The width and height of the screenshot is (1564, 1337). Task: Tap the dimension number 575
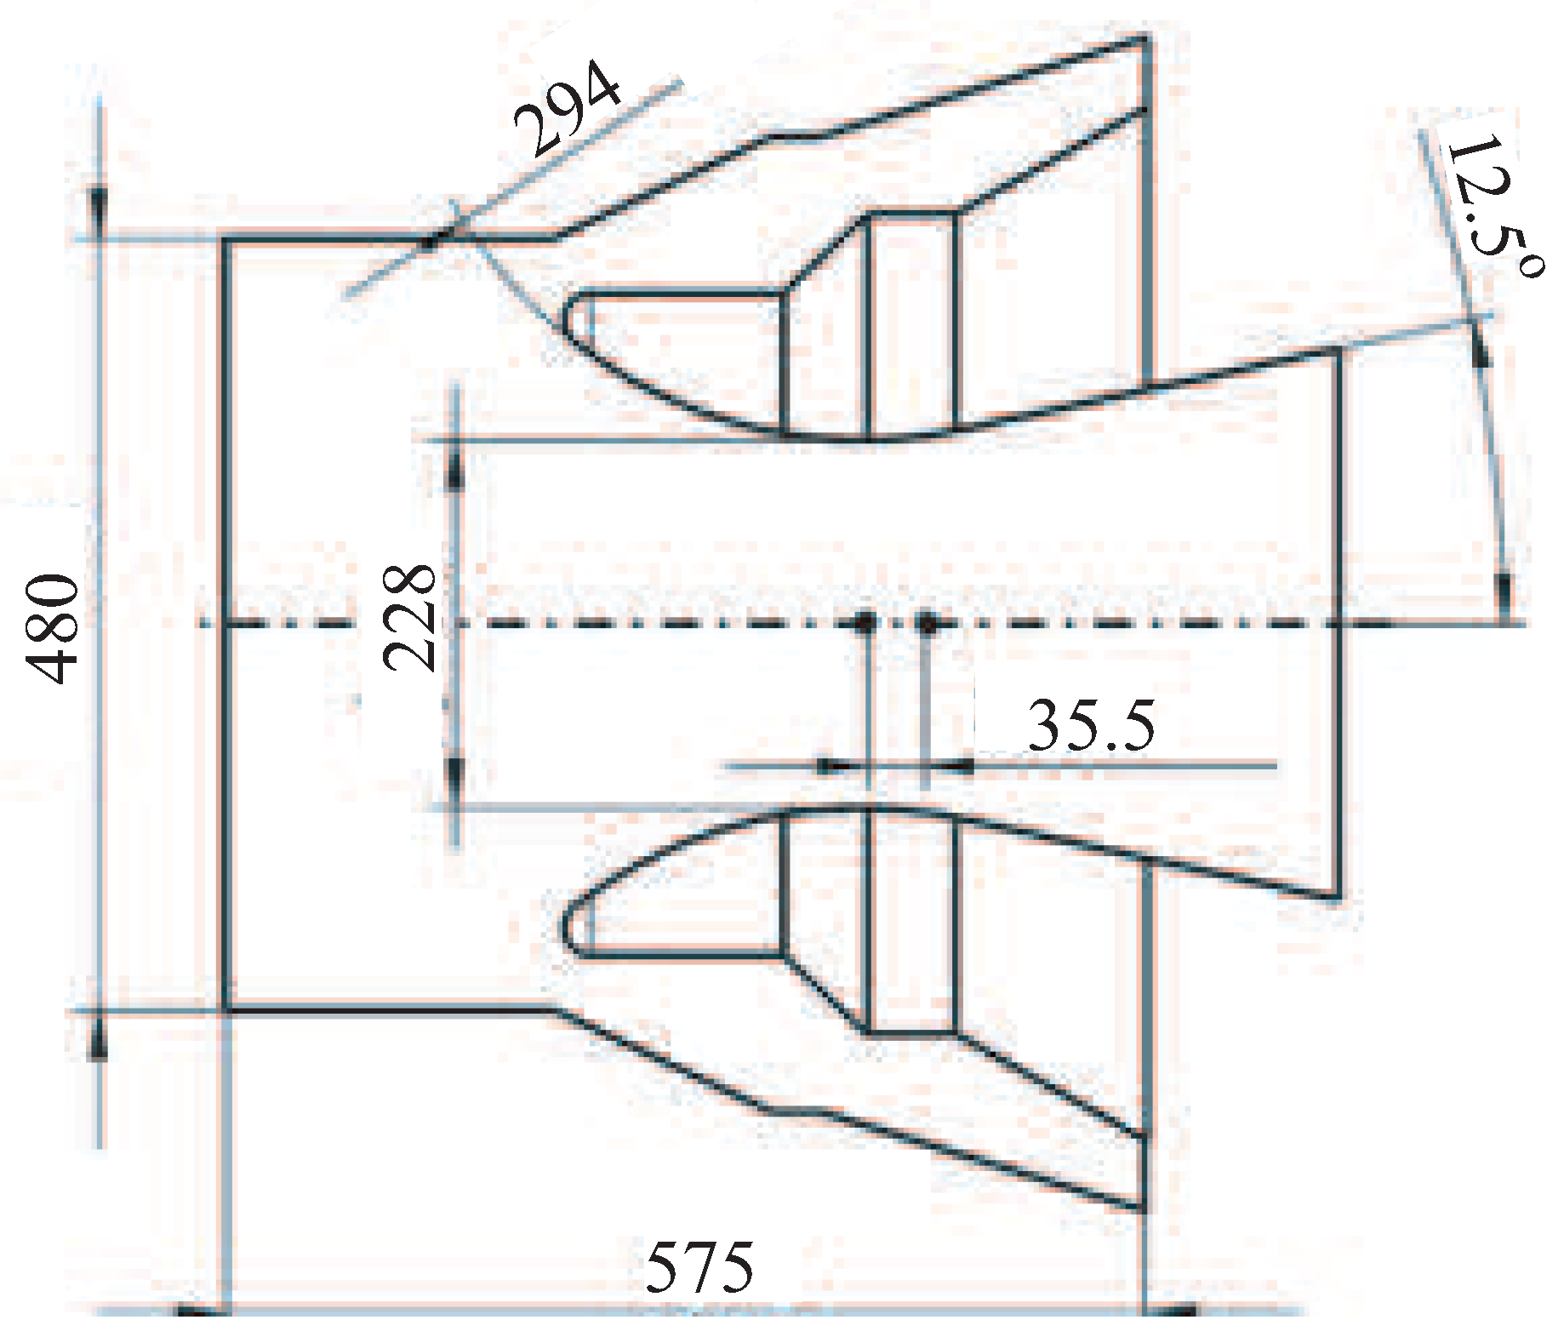pyautogui.click(x=699, y=1267)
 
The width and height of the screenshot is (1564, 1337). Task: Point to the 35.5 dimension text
pyautogui.click(x=1092, y=726)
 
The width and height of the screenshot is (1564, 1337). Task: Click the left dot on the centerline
pyautogui.click(x=865, y=623)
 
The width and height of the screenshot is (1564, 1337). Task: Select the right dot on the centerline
pyautogui.click(x=928, y=623)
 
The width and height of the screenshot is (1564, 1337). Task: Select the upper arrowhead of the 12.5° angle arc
pyautogui.click(x=1481, y=349)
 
